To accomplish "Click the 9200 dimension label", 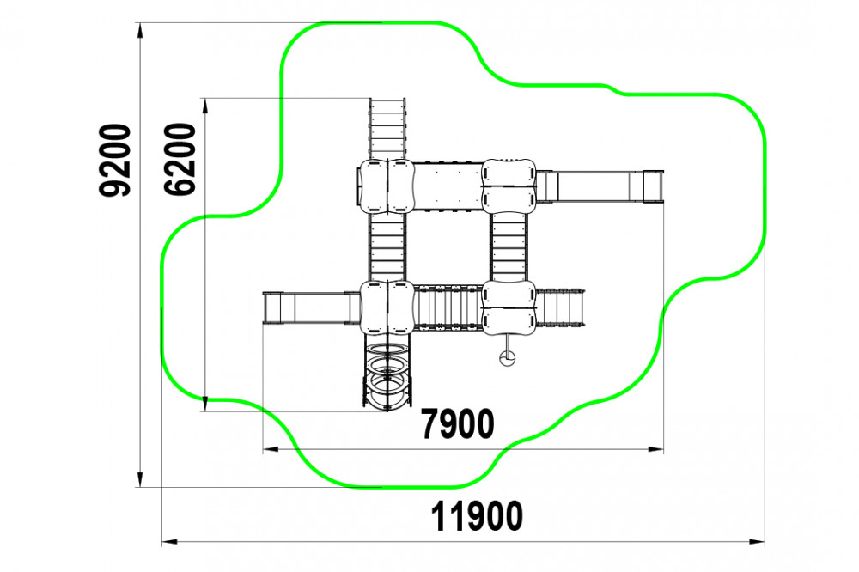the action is [x=115, y=160].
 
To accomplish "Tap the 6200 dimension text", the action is [x=180, y=159].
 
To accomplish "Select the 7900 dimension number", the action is [x=458, y=424].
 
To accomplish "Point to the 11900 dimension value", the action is [x=477, y=516].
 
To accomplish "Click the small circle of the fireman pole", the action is [x=508, y=358].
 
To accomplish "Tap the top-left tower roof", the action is [x=387, y=186].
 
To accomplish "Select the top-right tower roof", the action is [x=509, y=186].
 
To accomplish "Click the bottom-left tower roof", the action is [x=387, y=307].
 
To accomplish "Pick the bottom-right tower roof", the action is [x=509, y=307].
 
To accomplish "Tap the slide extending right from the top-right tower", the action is [x=600, y=186].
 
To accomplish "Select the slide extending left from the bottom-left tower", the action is [x=311, y=307].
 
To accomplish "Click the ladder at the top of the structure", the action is [x=387, y=129].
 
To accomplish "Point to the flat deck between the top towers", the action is [x=448, y=186].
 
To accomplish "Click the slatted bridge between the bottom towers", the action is [x=448, y=308].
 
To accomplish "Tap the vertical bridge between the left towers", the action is [x=387, y=247].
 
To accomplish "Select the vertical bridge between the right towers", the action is [x=509, y=247].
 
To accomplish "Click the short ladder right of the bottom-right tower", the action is [x=560, y=307].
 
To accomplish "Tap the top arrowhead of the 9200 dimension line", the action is [x=140, y=31].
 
